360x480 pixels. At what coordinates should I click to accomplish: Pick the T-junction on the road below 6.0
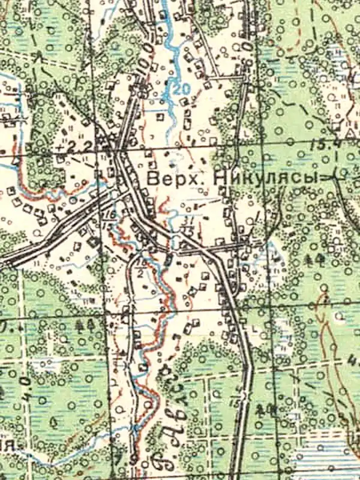coord(246,84)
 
